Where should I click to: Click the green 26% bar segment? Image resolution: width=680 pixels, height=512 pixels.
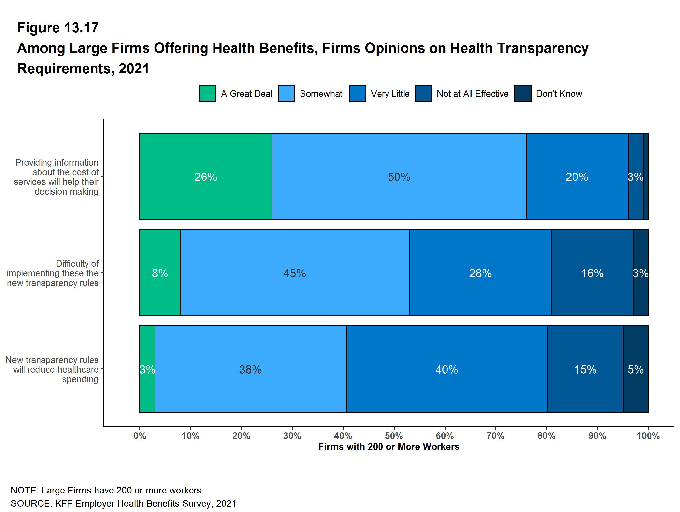206,177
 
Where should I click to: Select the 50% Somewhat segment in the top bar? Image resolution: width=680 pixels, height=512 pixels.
399,177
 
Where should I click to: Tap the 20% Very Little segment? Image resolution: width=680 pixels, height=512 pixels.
577,177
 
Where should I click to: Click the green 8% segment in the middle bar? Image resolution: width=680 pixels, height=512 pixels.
160,273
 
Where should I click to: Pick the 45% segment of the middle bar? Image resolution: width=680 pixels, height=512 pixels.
294,273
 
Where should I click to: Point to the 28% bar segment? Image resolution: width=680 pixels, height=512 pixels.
480,273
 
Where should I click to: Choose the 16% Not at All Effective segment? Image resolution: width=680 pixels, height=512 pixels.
592,273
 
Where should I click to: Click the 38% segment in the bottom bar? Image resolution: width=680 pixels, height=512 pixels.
250,369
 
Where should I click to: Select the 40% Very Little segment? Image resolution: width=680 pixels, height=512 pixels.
446,369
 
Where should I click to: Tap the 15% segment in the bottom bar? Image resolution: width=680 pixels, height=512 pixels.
585,369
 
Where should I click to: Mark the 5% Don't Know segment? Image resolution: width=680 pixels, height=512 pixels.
635,369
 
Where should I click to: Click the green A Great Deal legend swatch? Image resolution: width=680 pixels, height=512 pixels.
207,93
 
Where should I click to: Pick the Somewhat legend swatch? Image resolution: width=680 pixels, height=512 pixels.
286,93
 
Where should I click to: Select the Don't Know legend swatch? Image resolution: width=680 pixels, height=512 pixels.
523,93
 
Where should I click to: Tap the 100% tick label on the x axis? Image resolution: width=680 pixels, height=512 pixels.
648,436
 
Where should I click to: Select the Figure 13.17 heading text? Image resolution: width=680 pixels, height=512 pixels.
58,28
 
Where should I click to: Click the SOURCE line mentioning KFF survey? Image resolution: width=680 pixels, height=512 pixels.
123,503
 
